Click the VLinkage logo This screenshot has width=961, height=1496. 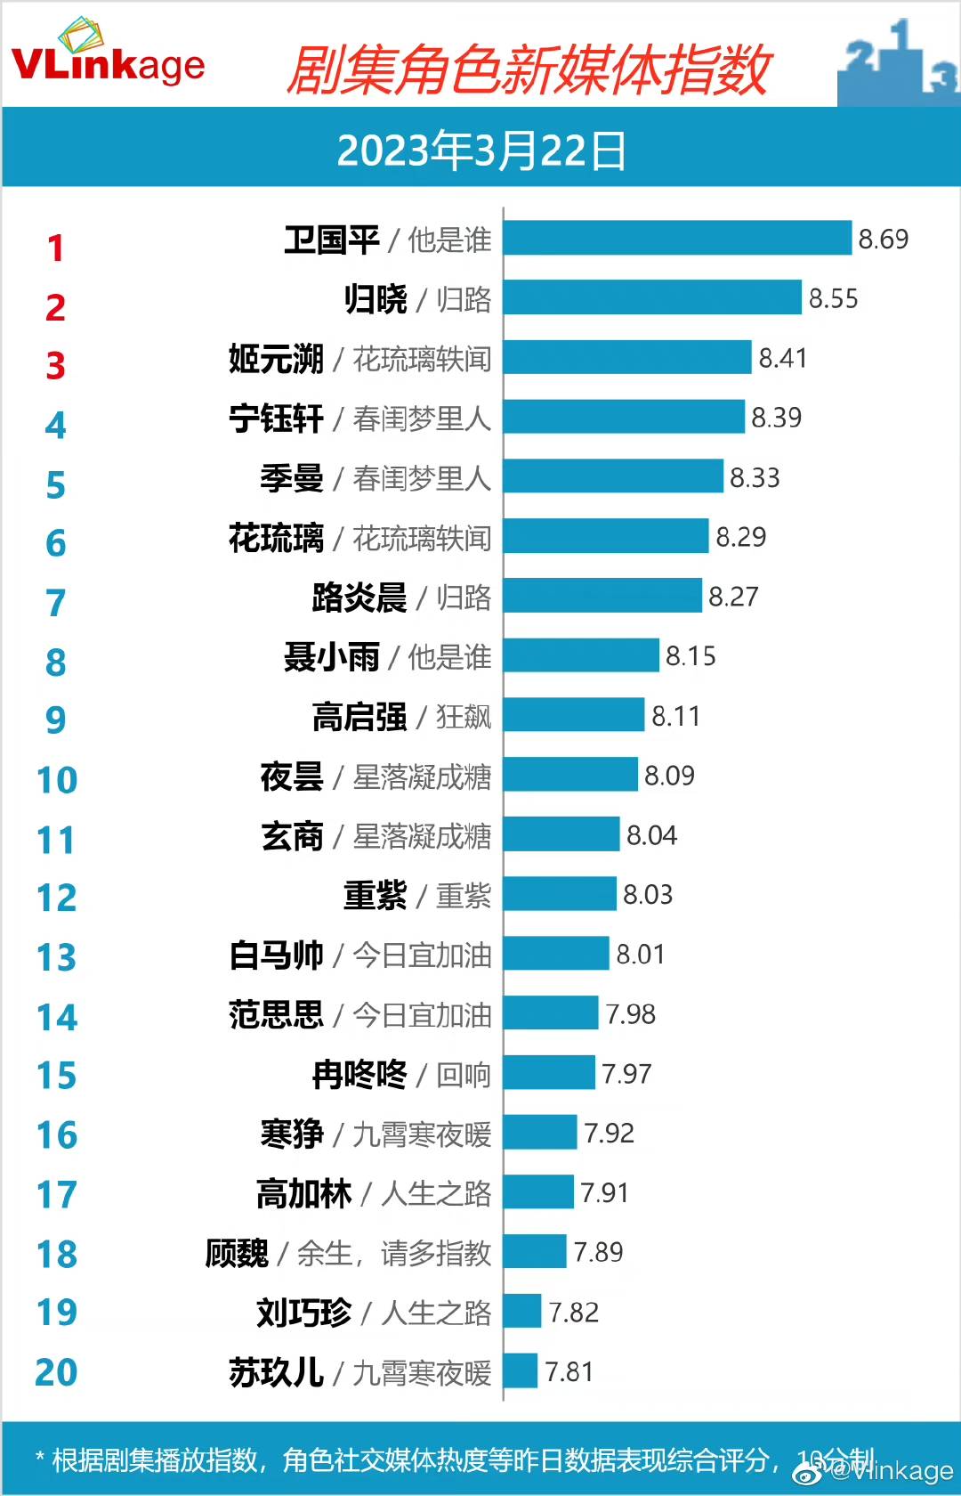(x=108, y=55)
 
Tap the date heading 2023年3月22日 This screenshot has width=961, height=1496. (x=481, y=150)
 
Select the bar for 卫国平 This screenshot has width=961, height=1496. (x=677, y=238)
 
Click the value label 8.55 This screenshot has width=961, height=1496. (x=833, y=298)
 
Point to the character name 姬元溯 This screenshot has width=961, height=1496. (x=276, y=359)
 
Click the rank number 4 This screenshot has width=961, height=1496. (x=55, y=426)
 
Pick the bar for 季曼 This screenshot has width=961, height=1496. (x=613, y=476)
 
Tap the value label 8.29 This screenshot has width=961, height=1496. (x=740, y=537)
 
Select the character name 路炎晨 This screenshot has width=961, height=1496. (x=359, y=598)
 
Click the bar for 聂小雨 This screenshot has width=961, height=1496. (x=581, y=656)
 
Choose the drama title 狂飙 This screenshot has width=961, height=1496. (x=463, y=717)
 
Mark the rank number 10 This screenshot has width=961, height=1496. (x=57, y=781)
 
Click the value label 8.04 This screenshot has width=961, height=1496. (x=651, y=835)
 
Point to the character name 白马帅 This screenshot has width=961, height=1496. (x=276, y=955)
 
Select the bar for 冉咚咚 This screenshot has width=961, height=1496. (x=549, y=1073)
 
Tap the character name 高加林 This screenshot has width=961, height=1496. (x=303, y=1193)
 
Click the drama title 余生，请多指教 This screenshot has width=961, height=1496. (x=393, y=1253)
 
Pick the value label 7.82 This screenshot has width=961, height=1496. (x=573, y=1313)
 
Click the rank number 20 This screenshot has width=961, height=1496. (x=56, y=1373)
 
